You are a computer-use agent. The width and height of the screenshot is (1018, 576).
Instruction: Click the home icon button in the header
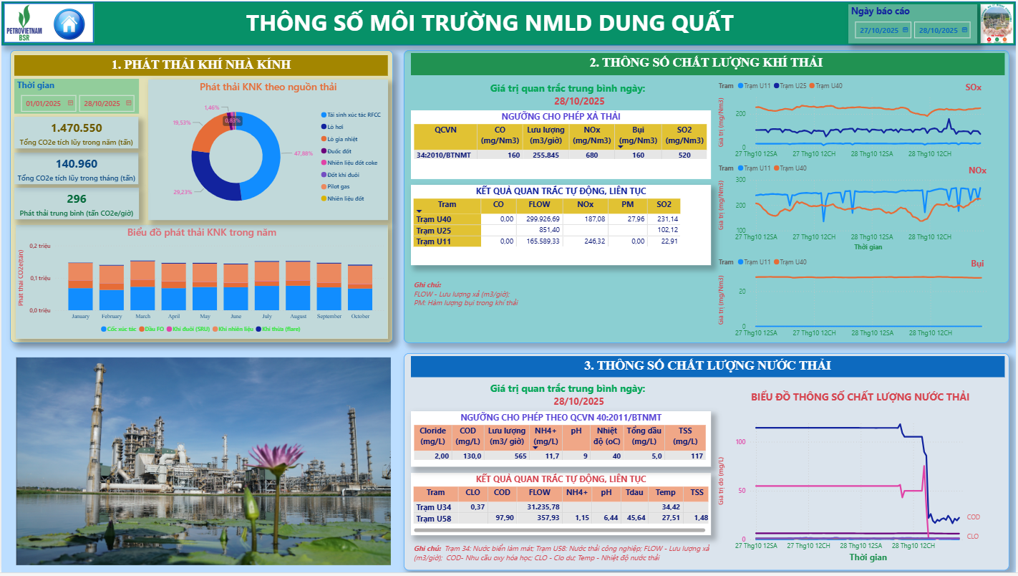click(69, 23)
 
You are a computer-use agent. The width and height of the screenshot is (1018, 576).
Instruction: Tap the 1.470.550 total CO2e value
click(76, 128)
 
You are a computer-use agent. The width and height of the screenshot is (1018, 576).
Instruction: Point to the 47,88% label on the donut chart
click(304, 153)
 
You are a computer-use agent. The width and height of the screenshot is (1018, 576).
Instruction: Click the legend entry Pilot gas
click(338, 186)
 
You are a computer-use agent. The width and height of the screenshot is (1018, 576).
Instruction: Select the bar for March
click(142, 285)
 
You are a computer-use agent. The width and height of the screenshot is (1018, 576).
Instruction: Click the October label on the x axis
click(360, 317)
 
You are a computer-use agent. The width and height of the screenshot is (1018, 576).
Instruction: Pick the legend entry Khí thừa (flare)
click(281, 329)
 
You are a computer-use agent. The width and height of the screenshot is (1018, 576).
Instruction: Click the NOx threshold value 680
click(591, 155)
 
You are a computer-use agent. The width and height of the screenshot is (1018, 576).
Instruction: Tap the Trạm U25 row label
click(431, 230)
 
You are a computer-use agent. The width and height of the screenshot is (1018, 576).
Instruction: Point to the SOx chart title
click(973, 87)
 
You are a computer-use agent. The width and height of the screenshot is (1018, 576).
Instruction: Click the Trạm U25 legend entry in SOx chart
click(792, 86)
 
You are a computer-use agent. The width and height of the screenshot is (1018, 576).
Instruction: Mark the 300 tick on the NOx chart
click(741, 180)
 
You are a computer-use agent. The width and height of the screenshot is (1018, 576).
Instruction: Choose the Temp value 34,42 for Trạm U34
click(666, 507)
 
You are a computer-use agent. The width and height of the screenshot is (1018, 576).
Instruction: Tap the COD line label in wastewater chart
click(973, 517)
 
